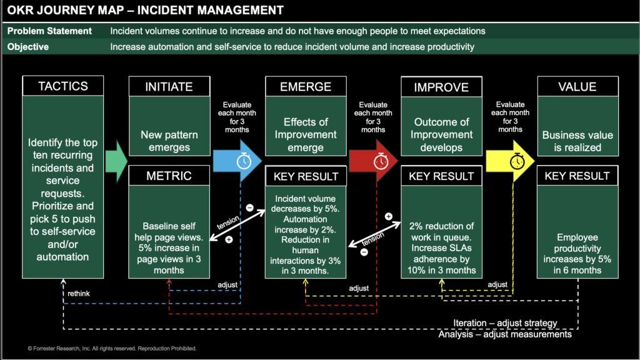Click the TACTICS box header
(x=62, y=86)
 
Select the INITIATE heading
(x=169, y=86)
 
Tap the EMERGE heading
(x=306, y=86)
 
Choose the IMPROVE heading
(x=442, y=87)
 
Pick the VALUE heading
(x=577, y=86)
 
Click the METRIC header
(x=169, y=176)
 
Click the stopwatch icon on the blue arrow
(x=242, y=161)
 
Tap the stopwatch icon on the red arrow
(x=380, y=161)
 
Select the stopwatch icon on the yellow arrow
(x=517, y=161)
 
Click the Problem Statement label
(x=50, y=31)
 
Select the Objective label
(x=28, y=47)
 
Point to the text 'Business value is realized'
(x=577, y=141)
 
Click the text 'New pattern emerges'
(x=169, y=141)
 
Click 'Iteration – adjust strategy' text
(x=505, y=323)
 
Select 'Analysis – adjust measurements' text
(x=505, y=334)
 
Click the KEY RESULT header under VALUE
(x=577, y=176)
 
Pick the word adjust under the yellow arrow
(x=497, y=284)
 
